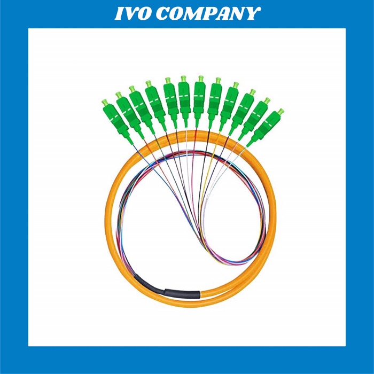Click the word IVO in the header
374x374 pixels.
pos(134,13)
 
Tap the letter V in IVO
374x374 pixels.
pos(133,13)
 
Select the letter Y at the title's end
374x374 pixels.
pos(253,13)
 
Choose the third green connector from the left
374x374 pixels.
pos(139,105)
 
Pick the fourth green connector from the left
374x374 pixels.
pos(154,100)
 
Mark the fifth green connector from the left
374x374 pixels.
pos(170,98)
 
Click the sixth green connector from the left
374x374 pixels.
pos(184,96)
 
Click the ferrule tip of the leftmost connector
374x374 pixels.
pos(105,102)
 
